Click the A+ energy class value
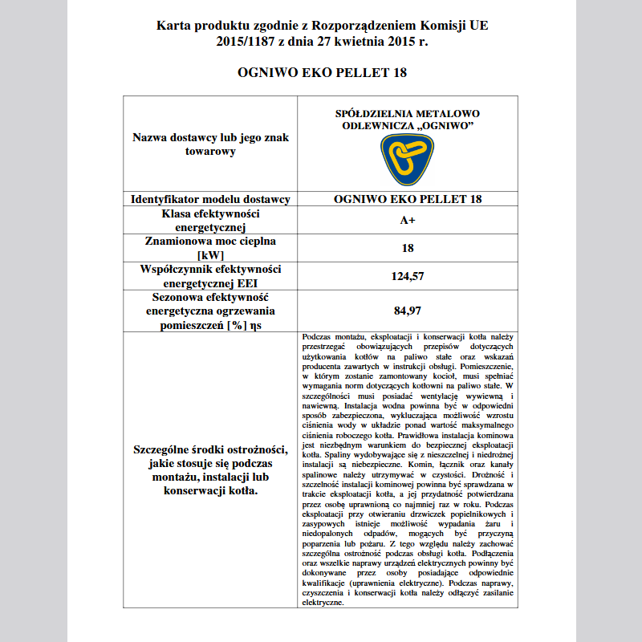coord(408,221)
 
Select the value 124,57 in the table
coord(408,276)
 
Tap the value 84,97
coord(408,310)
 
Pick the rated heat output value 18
coord(408,248)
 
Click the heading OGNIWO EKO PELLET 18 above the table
coord(322,73)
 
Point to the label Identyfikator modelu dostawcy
coord(210,199)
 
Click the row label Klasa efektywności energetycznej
coord(210,221)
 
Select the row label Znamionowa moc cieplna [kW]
coord(210,248)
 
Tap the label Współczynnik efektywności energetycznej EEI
coord(210,276)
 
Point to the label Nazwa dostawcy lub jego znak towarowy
coord(210,144)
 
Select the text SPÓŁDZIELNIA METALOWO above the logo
coord(407,115)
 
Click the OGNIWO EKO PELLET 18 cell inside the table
coord(408,199)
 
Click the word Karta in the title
coord(173,26)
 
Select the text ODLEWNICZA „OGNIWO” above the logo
coord(407,127)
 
